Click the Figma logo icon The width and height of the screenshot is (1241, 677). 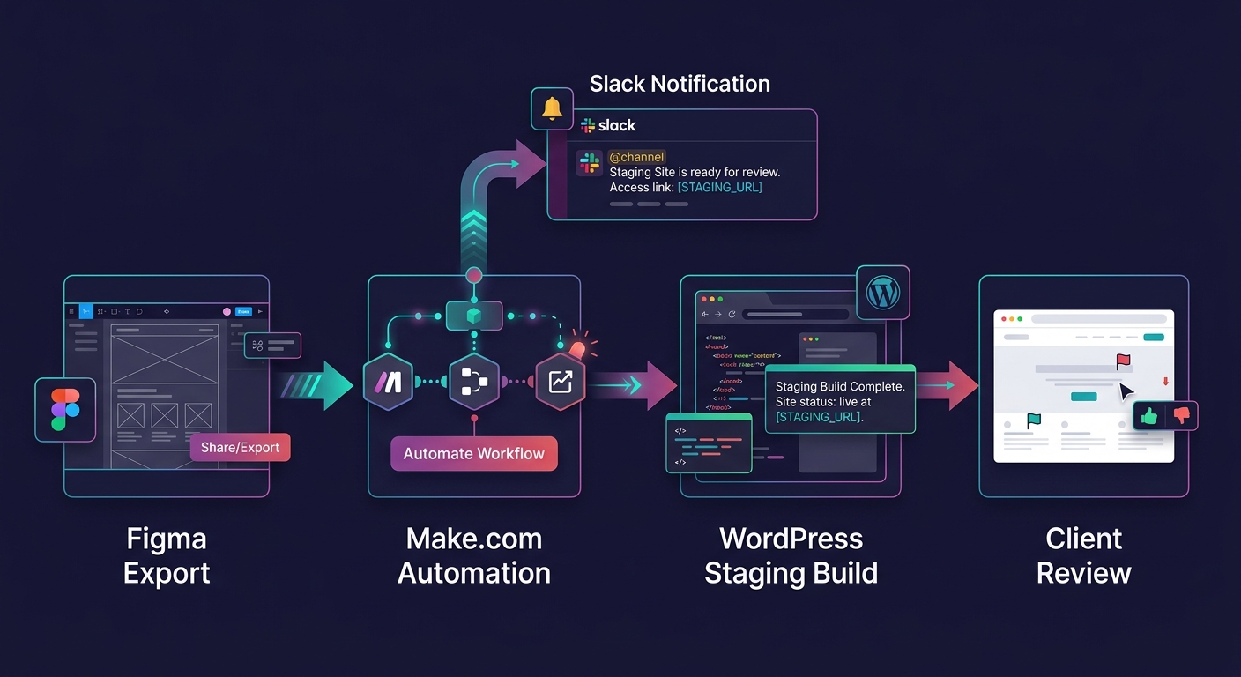(x=65, y=410)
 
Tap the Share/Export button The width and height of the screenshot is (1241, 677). (x=240, y=447)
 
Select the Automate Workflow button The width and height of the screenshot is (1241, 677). (x=474, y=453)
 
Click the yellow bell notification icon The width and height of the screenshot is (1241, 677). (x=553, y=108)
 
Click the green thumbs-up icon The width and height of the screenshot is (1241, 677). (x=1148, y=415)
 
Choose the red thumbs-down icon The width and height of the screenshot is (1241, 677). (x=1182, y=415)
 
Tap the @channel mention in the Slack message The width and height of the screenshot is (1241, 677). (x=636, y=157)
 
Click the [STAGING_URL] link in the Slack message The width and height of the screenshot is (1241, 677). (x=719, y=187)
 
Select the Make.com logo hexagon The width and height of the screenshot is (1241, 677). (x=389, y=382)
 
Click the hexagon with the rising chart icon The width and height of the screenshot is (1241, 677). (x=561, y=382)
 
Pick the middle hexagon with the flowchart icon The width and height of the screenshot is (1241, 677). (x=474, y=382)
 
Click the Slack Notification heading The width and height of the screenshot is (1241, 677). (x=680, y=84)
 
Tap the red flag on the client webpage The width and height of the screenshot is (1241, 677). (x=1123, y=361)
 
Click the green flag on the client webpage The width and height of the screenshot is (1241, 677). (x=1034, y=420)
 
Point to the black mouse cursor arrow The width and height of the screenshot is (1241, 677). (x=1126, y=391)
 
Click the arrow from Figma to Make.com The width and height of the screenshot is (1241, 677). (x=317, y=385)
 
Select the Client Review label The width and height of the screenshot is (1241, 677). (x=1083, y=555)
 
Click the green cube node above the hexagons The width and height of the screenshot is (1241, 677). (x=474, y=316)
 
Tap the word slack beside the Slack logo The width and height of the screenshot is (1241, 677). (x=617, y=125)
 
